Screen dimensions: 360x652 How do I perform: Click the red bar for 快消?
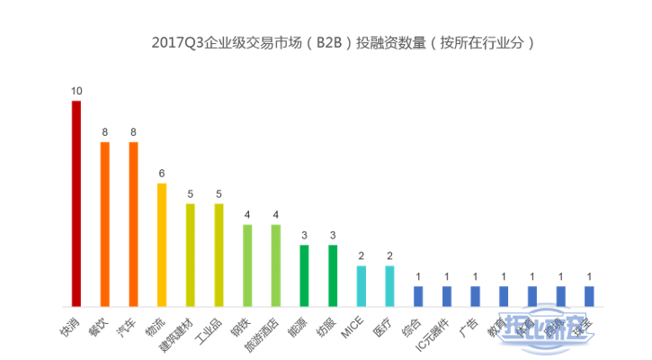click(76, 203)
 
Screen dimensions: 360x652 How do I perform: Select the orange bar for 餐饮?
click(105, 223)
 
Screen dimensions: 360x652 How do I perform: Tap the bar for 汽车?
click(133, 223)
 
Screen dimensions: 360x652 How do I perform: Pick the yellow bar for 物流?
click(162, 244)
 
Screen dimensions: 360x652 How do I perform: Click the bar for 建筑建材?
click(190, 255)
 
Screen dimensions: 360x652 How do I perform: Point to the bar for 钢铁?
click(247, 265)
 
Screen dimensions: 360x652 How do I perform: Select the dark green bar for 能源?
click(304, 275)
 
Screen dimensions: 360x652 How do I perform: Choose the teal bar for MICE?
click(361, 285)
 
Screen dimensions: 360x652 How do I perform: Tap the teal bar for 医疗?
click(389, 285)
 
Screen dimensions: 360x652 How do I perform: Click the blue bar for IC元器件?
click(446, 296)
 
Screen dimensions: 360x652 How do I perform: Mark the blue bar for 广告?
click(475, 296)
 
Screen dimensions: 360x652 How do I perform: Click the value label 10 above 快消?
click(76, 91)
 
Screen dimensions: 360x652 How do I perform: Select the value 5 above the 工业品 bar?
click(219, 193)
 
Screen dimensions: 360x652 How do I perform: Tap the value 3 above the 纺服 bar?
click(333, 235)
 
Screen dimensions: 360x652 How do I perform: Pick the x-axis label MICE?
click(352, 327)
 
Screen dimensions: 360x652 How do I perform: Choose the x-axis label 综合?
click(410, 322)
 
